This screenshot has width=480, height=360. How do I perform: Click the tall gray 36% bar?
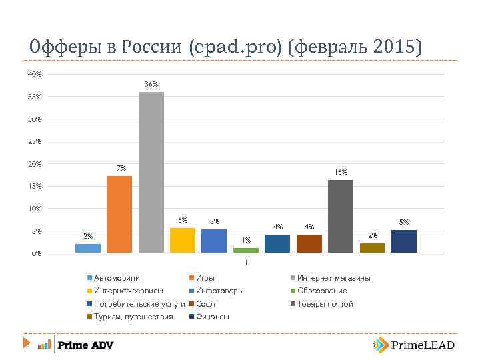[151, 172]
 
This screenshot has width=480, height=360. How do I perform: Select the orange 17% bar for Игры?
[119, 214]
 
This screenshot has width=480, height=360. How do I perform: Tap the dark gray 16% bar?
[341, 216]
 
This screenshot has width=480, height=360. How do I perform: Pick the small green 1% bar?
[246, 250]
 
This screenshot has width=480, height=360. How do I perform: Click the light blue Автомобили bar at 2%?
[87, 248]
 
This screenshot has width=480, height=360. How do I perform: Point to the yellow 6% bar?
[183, 240]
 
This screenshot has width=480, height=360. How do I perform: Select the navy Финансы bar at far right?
[404, 241]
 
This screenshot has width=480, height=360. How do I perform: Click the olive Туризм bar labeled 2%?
[372, 248]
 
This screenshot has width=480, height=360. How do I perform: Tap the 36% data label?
[151, 85]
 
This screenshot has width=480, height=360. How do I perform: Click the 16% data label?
[341, 173]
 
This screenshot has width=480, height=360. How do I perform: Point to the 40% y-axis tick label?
[35, 74]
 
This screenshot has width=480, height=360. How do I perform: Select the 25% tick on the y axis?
[35, 141]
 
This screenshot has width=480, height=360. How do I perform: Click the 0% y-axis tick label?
[37, 253]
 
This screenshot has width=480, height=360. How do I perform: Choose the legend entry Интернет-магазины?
[333, 278]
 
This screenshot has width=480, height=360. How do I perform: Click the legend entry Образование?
[321, 291]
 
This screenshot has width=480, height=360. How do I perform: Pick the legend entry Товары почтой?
[325, 304]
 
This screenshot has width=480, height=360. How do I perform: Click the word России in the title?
[148, 47]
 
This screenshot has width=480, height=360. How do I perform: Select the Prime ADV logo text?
[85, 345]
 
